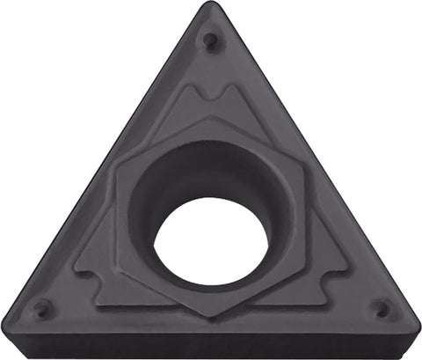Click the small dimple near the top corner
[209, 40]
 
